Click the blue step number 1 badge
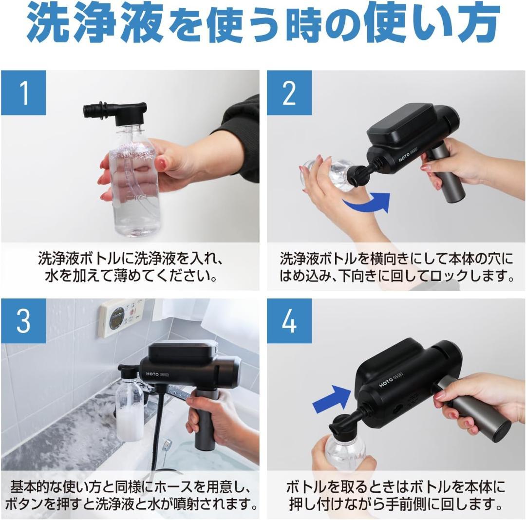[x=23, y=93]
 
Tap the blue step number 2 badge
[x=289, y=93]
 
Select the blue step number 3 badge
[x=23, y=321]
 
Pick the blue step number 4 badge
[x=289, y=321]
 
